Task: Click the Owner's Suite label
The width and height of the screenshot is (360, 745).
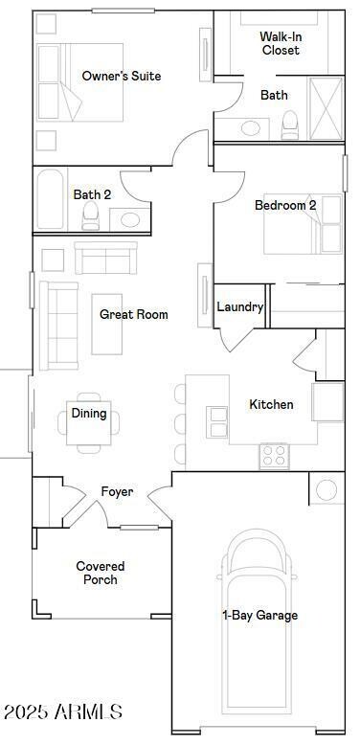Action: point(121,77)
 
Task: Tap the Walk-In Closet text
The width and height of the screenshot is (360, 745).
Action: point(280,44)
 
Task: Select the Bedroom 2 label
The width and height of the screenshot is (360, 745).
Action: point(285,206)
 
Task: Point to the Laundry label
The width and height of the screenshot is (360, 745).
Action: point(239,307)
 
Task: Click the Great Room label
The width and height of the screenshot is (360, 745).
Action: point(134,315)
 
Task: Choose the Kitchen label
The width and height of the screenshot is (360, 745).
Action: point(271,405)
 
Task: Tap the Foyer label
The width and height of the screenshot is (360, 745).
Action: point(118,492)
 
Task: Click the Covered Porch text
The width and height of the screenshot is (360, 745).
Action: point(101,574)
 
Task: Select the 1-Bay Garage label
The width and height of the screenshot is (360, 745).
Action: point(259,616)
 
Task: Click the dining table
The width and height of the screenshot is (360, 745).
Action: point(89,421)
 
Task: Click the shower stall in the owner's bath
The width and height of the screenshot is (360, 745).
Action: point(326,109)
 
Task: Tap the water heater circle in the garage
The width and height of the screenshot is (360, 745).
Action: point(327,490)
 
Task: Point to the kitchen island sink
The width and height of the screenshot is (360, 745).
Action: point(217,416)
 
